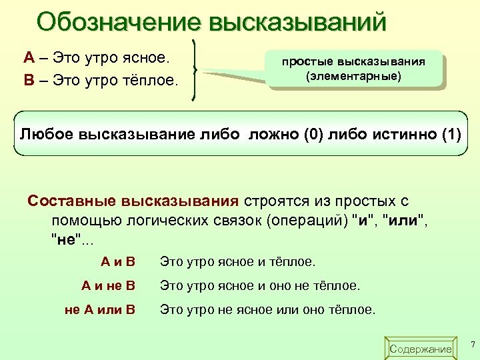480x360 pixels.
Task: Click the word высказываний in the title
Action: tap(297, 21)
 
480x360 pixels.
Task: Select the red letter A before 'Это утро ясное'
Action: tap(29, 58)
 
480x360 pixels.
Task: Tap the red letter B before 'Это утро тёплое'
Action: tap(29, 81)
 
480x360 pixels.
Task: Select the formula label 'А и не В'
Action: tap(108, 286)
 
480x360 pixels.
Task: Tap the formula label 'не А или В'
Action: tap(100, 310)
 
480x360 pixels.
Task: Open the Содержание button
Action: tap(420, 349)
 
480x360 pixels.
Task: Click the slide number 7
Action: tap(472, 345)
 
